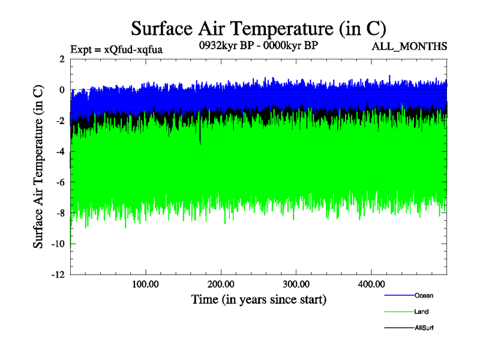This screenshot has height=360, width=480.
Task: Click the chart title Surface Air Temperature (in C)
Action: (x=258, y=28)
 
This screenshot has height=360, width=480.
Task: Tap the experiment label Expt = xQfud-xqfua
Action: (x=116, y=49)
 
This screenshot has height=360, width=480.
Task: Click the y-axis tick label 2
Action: (x=61, y=59)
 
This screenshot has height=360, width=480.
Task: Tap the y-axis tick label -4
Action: (x=59, y=152)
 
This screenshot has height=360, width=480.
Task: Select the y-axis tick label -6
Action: (x=59, y=182)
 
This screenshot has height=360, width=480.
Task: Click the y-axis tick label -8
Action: (x=59, y=213)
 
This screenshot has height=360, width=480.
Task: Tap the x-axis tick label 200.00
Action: (x=220, y=284)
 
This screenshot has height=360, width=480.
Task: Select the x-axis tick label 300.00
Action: (x=296, y=284)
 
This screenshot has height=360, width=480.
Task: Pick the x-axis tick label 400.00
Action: (x=371, y=284)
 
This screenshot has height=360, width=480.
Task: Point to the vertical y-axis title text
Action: (x=38, y=167)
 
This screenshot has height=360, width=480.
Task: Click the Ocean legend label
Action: (x=424, y=295)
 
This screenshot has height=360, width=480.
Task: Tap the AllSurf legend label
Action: (x=424, y=328)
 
